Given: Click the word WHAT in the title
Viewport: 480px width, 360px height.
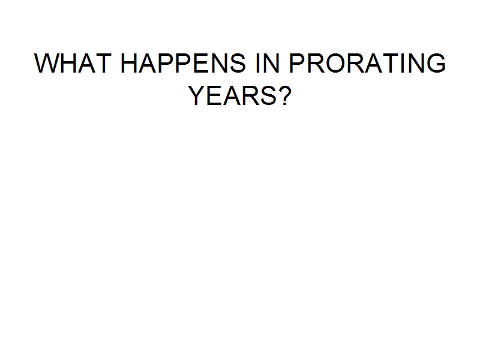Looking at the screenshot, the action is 73,63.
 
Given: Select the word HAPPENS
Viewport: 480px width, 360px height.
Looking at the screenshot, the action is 183,63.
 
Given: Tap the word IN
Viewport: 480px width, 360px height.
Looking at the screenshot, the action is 267,63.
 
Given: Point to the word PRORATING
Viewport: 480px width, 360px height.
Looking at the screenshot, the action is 367,63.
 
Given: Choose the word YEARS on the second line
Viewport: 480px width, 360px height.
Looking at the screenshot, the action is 232,95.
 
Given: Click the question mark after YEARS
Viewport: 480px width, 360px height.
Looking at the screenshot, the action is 285,95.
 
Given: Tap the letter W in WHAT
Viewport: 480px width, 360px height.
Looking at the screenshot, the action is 47,63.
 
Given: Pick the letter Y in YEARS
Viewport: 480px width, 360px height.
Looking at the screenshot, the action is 197,95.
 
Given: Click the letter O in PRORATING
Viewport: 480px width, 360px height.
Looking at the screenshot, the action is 336,63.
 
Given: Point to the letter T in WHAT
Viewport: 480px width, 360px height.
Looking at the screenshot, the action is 103,63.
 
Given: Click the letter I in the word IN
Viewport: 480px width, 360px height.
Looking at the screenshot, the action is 257,63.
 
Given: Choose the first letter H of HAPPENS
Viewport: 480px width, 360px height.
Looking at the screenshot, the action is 129,63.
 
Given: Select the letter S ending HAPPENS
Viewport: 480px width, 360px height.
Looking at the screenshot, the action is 237,63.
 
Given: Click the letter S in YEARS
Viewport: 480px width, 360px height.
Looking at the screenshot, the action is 268,95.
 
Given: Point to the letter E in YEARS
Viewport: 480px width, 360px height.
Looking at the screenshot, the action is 215,95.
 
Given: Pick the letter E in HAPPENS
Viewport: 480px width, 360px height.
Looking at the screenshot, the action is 200,63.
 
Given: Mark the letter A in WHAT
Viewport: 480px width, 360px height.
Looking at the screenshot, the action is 86,63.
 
